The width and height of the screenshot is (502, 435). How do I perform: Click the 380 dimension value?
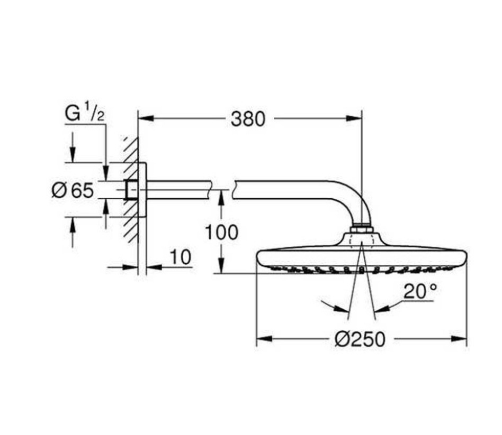248,119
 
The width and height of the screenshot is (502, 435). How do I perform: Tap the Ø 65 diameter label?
73,190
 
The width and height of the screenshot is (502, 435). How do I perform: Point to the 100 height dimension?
221,232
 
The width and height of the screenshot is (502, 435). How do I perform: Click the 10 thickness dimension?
180,257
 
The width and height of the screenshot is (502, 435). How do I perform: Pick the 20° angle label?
420,291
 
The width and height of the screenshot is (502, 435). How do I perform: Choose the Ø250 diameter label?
360,339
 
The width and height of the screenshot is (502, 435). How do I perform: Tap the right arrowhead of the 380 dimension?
354,119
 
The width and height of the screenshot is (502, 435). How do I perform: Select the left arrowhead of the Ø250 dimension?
264,339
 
